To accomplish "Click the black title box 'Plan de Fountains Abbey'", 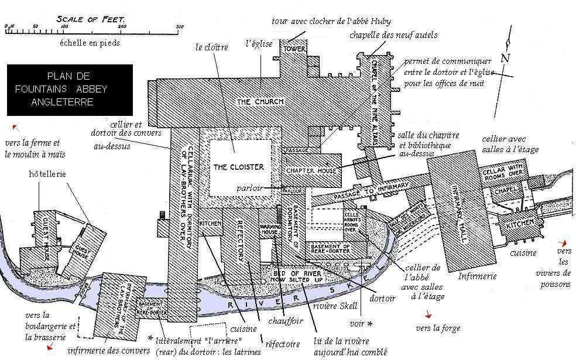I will coord(70,90).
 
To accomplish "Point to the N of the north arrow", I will coord(505,58).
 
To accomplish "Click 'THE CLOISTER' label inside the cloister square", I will coord(238,167).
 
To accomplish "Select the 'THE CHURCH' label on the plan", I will coord(260,102).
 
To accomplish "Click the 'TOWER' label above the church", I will coord(294,49).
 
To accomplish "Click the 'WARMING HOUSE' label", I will coord(269,228).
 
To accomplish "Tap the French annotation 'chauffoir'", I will coord(286,320).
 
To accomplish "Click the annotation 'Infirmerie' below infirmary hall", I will coord(477,275).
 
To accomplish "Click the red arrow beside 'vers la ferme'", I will coord(15,127).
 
